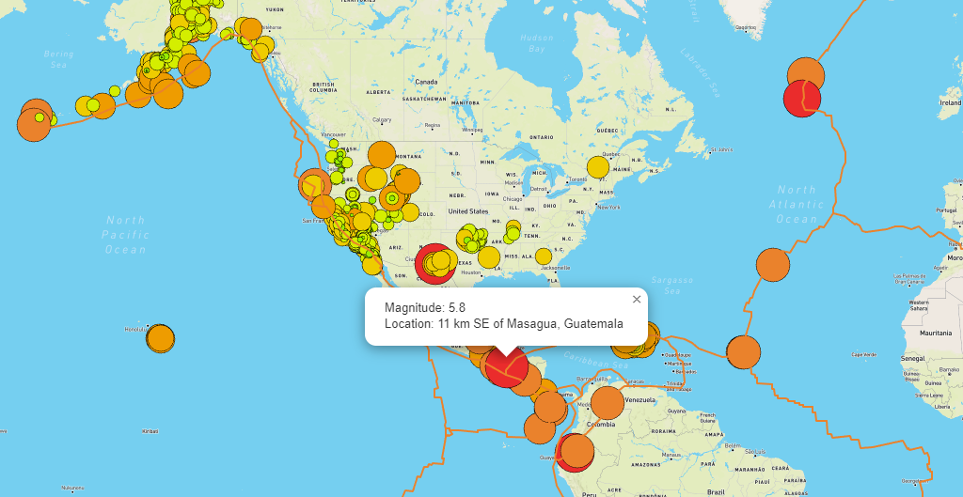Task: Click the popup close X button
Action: (x=637, y=300)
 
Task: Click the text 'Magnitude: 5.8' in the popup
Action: (x=425, y=307)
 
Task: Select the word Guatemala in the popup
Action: (x=593, y=324)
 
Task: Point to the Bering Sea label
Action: (x=58, y=59)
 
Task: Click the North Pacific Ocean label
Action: (x=125, y=235)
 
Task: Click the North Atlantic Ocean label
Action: (x=797, y=205)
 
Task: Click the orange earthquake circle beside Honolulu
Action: (x=161, y=338)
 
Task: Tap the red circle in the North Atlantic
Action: (x=801, y=98)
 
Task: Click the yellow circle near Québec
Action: (x=598, y=166)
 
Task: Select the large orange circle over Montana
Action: (x=382, y=155)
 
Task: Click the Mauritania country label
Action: (x=936, y=333)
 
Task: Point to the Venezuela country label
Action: (x=639, y=400)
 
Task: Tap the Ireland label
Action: (x=950, y=101)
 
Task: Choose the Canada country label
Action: (x=427, y=82)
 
